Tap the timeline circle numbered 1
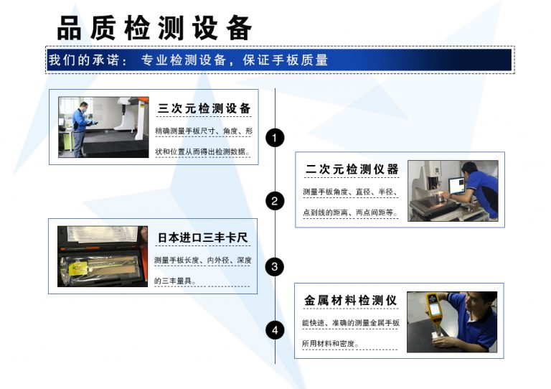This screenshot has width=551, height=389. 275,137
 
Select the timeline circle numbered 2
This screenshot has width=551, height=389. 275,201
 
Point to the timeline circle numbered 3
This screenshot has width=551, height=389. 275,267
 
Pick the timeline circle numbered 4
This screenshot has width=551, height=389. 275,330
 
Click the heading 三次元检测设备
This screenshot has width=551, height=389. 204,109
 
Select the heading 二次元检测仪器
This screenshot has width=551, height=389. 352,170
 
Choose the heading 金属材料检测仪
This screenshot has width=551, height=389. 350,300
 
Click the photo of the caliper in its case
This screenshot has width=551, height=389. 103,256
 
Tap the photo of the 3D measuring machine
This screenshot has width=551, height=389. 103,127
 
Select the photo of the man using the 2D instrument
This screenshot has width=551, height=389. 453,190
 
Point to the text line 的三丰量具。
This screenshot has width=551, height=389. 176,281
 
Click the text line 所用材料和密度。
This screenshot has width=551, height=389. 331,344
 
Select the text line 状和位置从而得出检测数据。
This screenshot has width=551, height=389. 203,151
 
